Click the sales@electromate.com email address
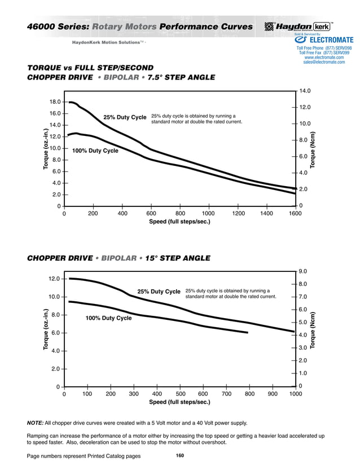coord(324,62)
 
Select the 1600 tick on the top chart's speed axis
coord(295,214)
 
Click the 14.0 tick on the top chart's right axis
coord(305,91)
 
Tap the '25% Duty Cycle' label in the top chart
coord(125,117)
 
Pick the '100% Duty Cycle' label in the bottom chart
coord(108,318)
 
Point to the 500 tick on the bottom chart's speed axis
coord(181,394)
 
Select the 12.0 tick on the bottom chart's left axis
coord(54,279)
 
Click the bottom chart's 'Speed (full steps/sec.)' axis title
coord(179,403)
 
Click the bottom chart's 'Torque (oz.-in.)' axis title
coord(46,330)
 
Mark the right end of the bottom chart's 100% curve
coord(248,333)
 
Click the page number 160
coord(179,455)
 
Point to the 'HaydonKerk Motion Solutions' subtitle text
coord(108,42)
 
